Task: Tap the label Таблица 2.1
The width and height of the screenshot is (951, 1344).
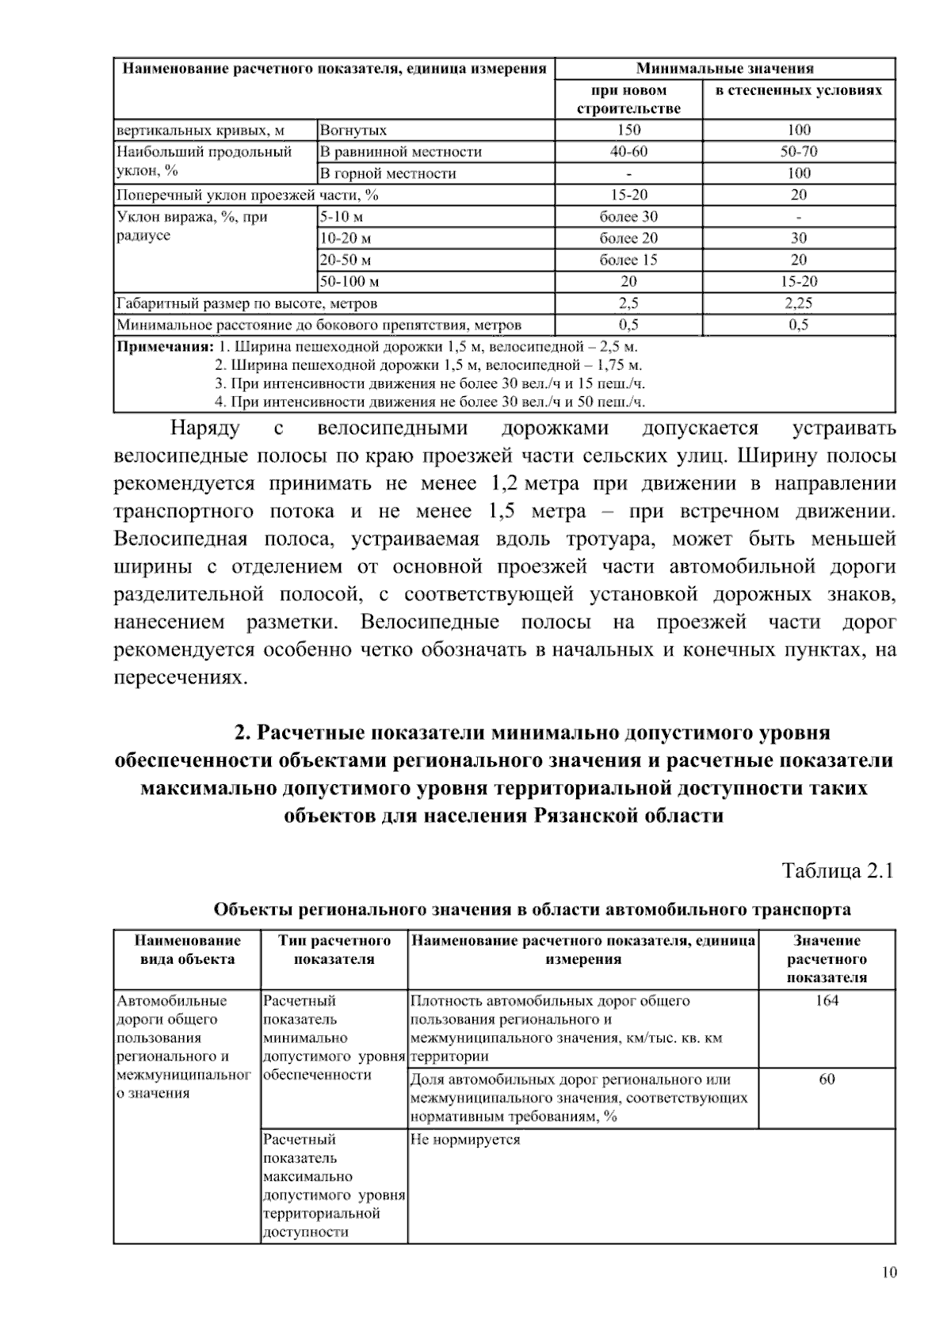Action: pyautogui.click(x=838, y=871)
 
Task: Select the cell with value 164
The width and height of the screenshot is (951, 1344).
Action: pyautogui.click(x=827, y=1001)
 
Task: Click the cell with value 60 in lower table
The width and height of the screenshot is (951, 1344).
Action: pyautogui.click(x=827, y=1079)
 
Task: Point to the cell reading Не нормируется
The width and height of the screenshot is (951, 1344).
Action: pyautogui.click(x=465, y=1140)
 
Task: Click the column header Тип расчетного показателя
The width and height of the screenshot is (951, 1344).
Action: pyautogui.click(x=334, y=950)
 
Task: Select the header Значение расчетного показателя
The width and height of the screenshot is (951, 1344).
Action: pyautogui.click(x=827, y=959)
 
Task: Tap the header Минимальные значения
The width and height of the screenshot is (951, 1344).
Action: pyautogui.click(x=724, y=68)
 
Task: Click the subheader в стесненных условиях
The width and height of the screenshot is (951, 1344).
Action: pyautogui.click(x=798, y=90)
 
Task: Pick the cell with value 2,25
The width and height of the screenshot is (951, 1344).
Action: pyautogui.click(x=798, y=303)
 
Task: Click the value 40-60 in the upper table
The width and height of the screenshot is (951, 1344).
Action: pyautogui.click(x=628, y=151)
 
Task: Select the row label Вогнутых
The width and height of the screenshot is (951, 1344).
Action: pyautogui.click(x=353, y=130)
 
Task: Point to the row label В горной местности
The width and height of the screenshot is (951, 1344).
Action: pyautogui.click(x=388, y=173)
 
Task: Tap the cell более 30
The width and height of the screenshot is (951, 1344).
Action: pyautogui.click(x=628, y=216)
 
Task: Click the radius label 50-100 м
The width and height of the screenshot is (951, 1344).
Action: pyautogui.click(x=349, y=281)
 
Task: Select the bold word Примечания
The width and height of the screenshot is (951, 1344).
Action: pyautogui.click(x=165, y=346)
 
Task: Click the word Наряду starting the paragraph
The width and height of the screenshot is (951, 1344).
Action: pyautogui.click(x=204, y=428)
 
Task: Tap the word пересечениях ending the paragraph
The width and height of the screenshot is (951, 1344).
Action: pyautogui.click(x=181, y=678)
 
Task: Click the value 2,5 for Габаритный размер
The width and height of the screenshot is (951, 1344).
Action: pyautogui.click(x=628, y=303)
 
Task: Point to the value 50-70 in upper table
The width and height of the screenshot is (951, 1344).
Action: pyautogui.click(x=798, y=151)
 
